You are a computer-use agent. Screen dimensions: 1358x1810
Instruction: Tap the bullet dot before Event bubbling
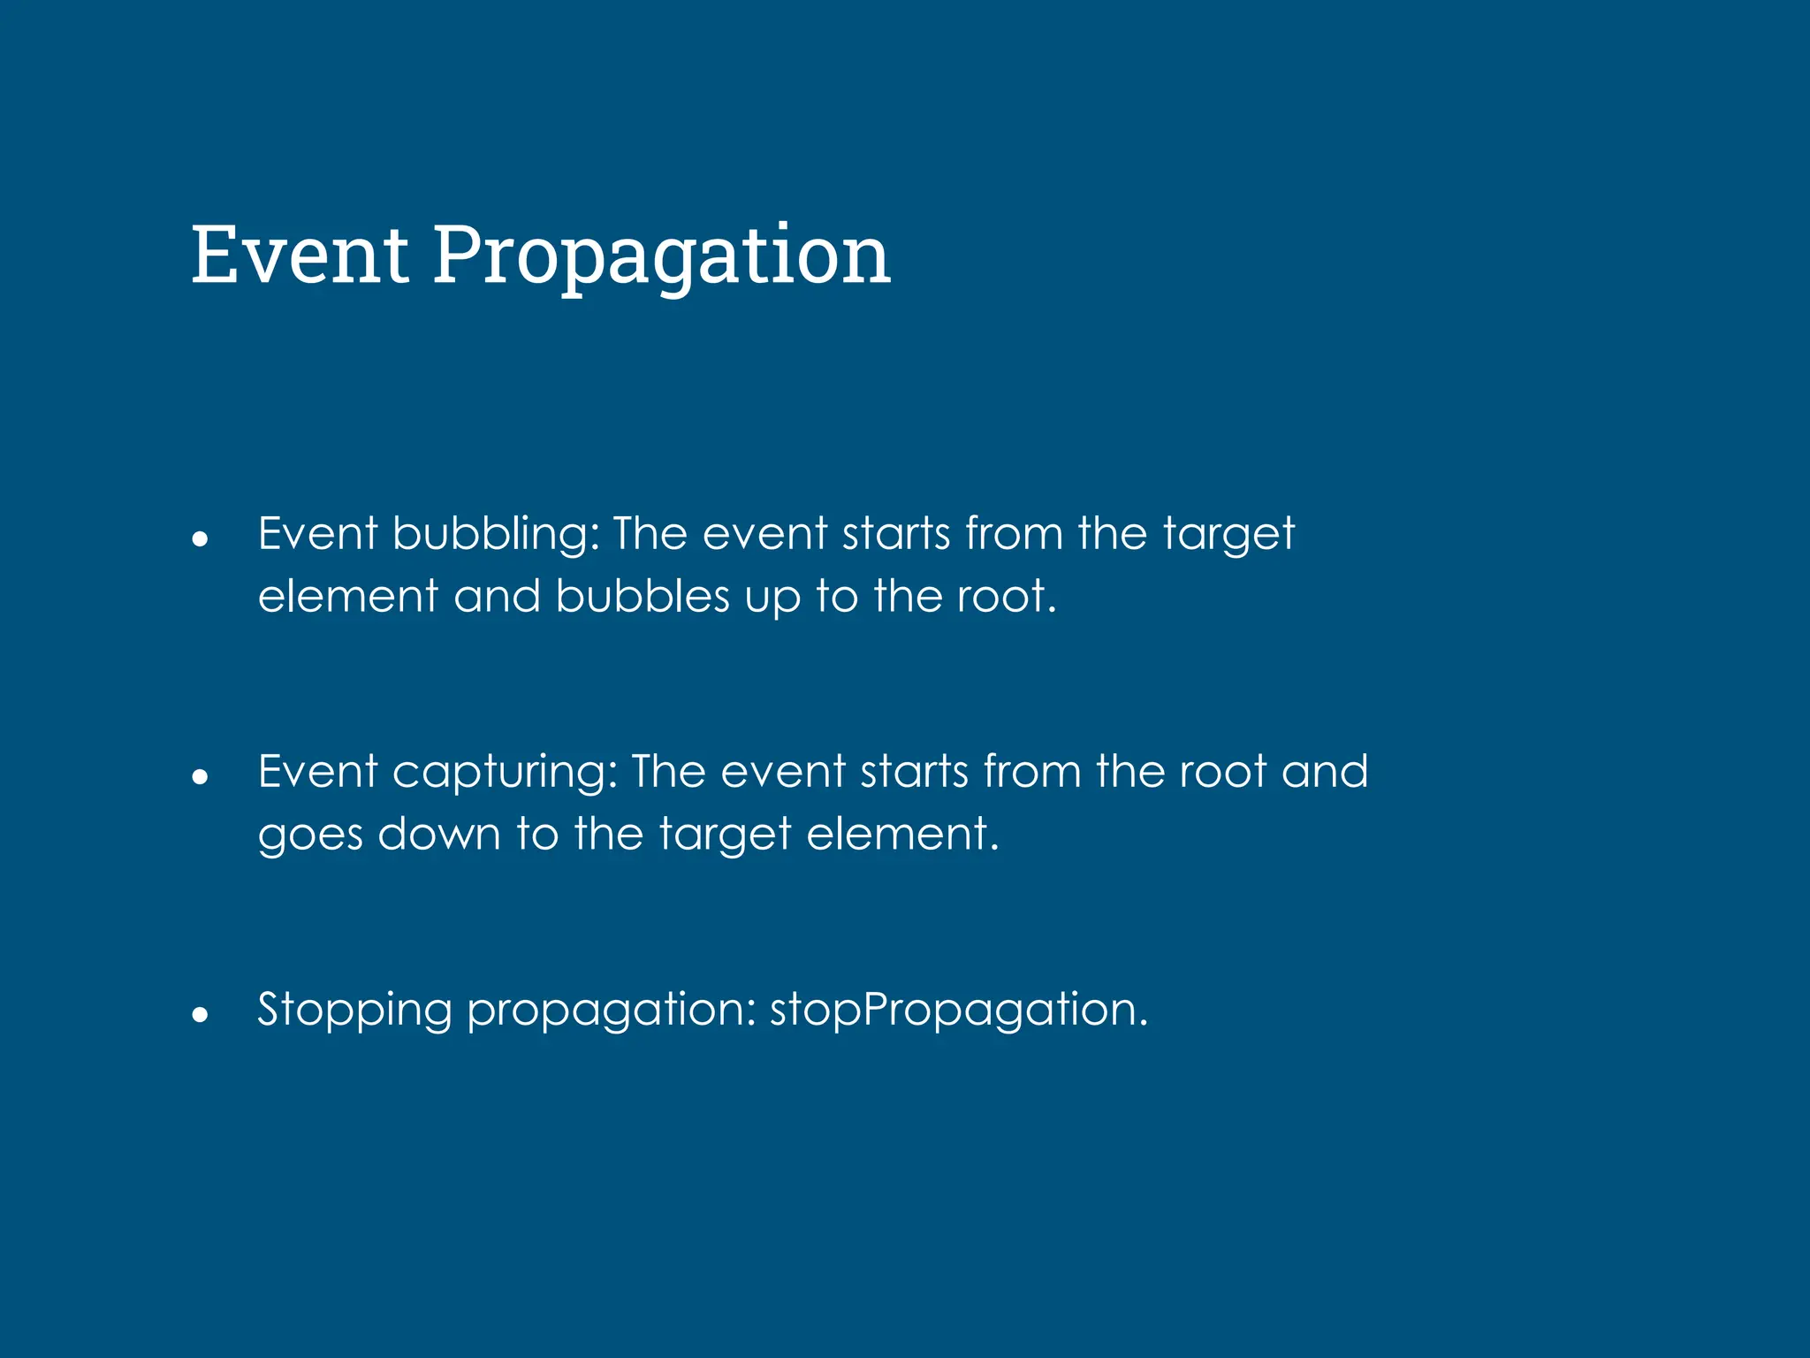200,538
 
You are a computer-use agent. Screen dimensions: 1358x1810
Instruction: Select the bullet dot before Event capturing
200,776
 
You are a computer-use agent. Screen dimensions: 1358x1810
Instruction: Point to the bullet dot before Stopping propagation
200,1014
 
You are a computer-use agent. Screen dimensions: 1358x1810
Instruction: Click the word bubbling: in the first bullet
496,534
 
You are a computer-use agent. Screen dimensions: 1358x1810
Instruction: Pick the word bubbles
643,596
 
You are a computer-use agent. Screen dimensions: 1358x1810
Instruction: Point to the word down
439,833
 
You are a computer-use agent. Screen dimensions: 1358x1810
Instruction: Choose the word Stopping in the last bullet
354,1011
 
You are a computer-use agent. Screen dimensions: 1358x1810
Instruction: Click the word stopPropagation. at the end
959,1011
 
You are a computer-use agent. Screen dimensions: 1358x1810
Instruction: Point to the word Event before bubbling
317,534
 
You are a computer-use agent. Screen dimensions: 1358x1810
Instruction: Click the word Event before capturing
317,771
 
